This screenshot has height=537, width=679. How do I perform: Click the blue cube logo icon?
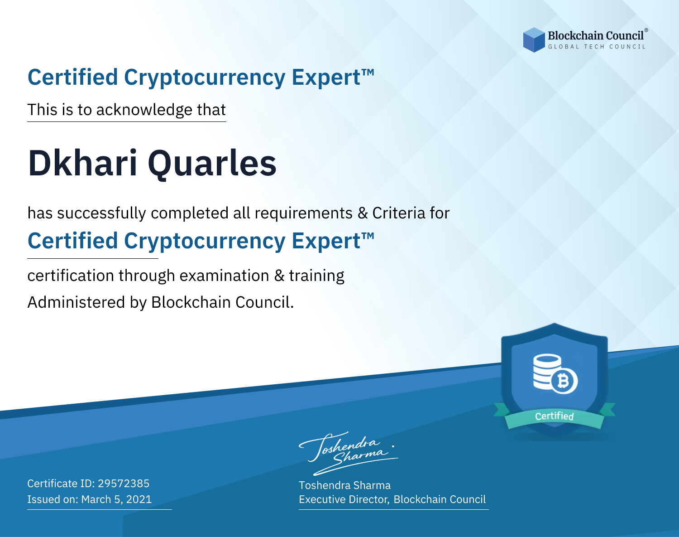point(534,40)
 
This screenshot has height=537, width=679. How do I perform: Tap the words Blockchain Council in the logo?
point(596,35)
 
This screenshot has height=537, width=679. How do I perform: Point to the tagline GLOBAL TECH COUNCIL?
point(597,47)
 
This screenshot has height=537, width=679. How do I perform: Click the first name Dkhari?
point(83,163)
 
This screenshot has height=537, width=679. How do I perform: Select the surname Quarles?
point(212,164)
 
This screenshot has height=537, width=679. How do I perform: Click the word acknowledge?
point(144,110)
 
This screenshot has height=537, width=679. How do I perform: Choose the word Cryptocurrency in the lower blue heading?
point(205,242)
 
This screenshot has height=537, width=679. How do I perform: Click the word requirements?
point(304,213)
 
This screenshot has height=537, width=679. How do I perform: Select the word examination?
point(224,276)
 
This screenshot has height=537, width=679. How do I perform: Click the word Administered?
point(76,302)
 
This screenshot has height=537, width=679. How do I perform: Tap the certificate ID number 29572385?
point(124,484)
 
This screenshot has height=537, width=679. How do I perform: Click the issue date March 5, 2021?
point(116,499)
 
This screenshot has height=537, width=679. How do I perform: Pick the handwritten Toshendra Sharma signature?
point(348,454)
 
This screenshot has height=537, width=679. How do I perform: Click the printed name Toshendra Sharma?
point(344,485)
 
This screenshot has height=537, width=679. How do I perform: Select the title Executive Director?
point(344,499)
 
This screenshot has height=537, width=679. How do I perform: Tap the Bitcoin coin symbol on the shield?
point(564,381)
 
